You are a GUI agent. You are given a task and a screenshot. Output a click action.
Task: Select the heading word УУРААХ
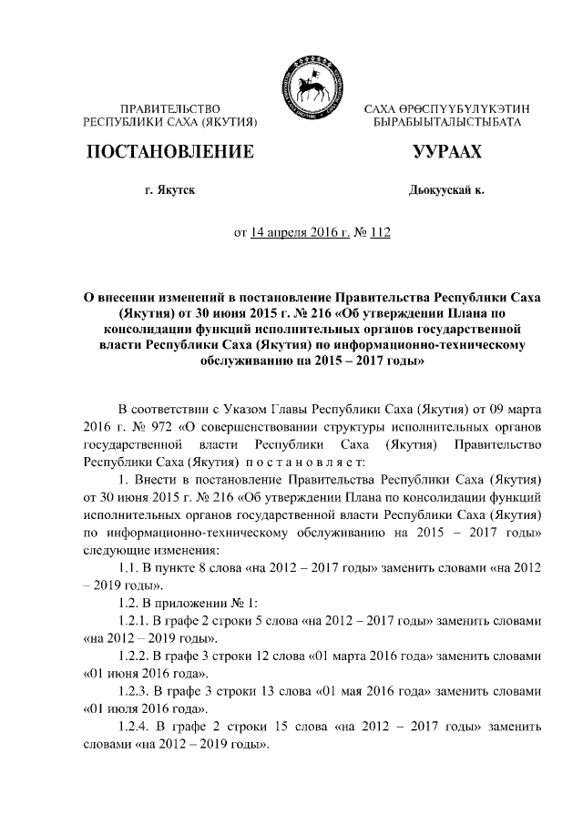click(x=446, y=152)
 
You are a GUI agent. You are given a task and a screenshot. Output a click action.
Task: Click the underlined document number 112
click(x=379, y=233)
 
